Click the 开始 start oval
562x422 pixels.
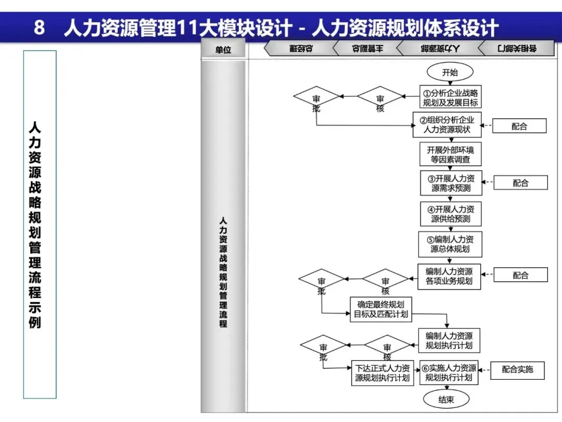[450, 72]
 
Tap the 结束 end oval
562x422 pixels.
[446, 400]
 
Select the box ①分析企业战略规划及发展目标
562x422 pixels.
[450, 97]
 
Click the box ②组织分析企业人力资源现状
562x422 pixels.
[447, 125]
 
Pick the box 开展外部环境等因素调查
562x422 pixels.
[451, 155]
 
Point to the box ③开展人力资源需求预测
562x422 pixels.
[451, 183]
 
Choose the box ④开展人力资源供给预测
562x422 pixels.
[451, 214]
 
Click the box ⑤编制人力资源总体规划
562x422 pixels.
[450, 244]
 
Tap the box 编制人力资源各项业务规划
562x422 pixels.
[449, 276]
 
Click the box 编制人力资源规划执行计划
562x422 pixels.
[449, 340]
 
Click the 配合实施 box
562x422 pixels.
[517, 369]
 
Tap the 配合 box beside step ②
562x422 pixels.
[519, 126]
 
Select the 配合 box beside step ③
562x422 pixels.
[520, 183]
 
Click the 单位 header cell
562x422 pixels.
[223, 50]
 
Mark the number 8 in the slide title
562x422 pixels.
[40, 27]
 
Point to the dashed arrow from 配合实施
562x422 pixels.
[484, 370]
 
